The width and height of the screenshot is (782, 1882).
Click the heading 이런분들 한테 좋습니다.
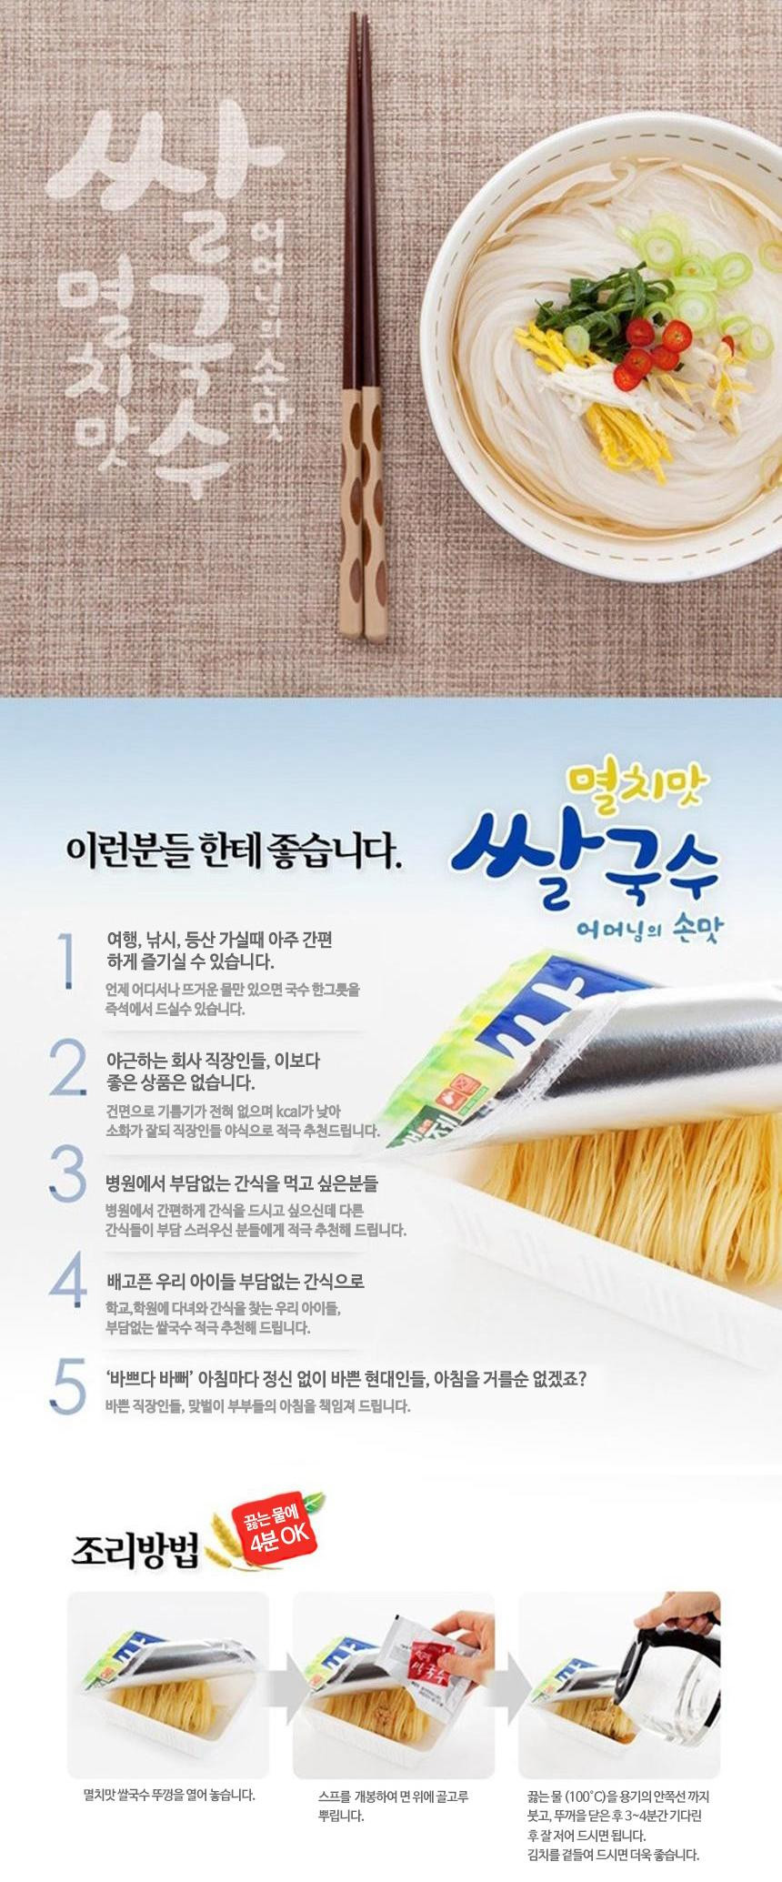tap(233, 851)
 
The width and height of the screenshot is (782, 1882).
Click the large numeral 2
tap(68, 1068)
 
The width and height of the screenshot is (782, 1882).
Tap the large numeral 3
tap(68, 1173)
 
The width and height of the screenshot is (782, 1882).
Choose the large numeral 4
tap(68, 1279)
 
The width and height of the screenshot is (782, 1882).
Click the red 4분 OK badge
tap(275, 1528)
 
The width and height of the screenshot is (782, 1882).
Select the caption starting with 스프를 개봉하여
tap(394, 1806)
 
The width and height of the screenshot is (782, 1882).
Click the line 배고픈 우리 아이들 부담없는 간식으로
tap(236, 1282)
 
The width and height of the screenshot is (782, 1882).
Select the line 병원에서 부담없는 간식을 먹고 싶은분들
tap(242, 1183)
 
